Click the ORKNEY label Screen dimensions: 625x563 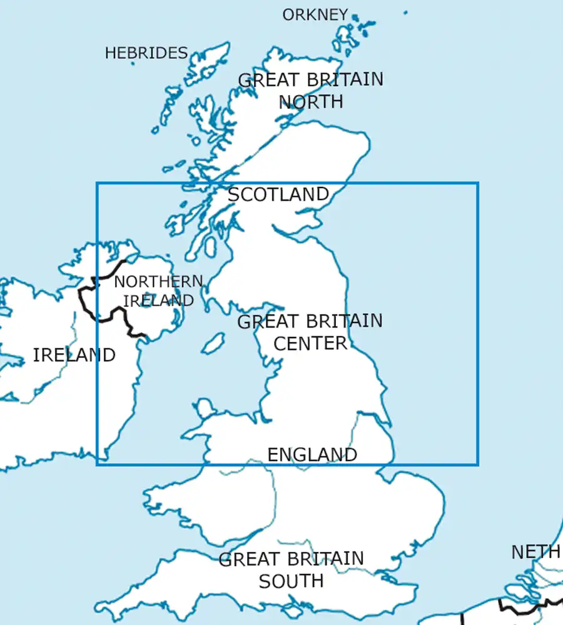tap(315, 14)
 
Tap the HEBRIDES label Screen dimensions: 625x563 tap(146, 53)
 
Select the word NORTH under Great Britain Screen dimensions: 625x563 tap(311, 101)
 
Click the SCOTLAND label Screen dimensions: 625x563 tap(278, 194)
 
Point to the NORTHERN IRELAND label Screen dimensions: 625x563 tap(158, 291)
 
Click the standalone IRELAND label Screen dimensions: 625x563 tap(74, 355)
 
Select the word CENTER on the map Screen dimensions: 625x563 tap(310, 343)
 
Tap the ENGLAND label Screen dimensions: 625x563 tap(312, 454)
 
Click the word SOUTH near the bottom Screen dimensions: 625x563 tap(291, 581)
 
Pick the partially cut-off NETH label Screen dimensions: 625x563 tap(535, 552)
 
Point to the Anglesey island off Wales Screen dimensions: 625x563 tap(204, 409)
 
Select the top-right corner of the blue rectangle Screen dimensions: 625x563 tap(478, 183)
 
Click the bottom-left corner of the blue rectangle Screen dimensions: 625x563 tap(97, 464)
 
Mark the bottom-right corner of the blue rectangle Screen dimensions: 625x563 tap(478, 464)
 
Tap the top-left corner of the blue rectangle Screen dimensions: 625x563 tap(97, 183)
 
